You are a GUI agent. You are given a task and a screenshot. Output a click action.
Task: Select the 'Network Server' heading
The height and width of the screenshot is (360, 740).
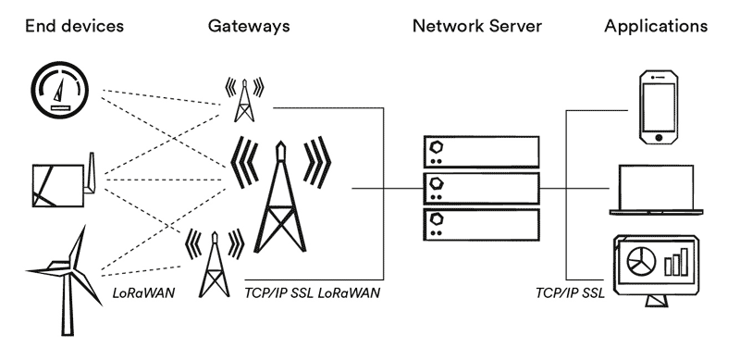tap(479, 26)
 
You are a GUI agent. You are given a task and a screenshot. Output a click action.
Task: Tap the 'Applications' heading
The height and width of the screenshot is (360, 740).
tap(656, 26)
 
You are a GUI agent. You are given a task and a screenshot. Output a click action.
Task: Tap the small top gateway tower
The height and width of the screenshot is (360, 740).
tap(244, 98)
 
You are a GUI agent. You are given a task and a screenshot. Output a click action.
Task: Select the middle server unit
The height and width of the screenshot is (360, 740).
tap(480, 189)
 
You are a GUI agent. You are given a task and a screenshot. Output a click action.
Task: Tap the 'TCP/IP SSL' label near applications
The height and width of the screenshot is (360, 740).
tap(569, 293)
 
